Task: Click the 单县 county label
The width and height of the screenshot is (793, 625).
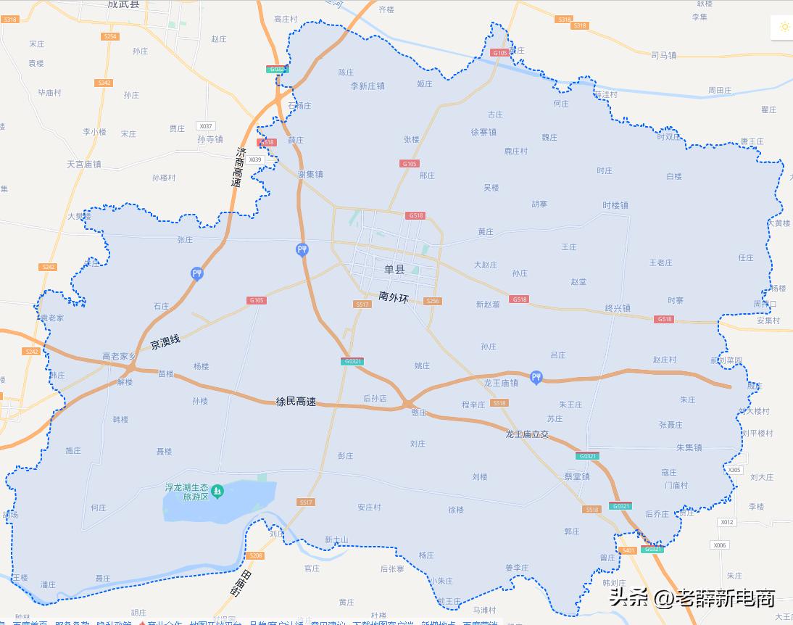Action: click(394, 269)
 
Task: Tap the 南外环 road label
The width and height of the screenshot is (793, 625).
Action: click(394, 297)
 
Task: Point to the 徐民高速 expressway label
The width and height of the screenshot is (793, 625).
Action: click(296, 402)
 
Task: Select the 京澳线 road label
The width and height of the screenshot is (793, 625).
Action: click(165, 342)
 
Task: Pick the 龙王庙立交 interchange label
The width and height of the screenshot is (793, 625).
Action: click(528, 434)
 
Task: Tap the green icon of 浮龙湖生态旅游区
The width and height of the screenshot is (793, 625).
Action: click(217, 492)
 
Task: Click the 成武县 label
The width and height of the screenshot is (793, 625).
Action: click(123, 4)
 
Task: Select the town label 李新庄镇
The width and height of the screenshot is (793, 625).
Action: click(368, 86)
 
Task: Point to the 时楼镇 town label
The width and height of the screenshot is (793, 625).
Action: click(615, 205)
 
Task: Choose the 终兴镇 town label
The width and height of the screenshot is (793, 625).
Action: click(618, 308)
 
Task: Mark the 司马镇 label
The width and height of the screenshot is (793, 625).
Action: click(663, 54)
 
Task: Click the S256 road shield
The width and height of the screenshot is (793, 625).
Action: click(433, 301)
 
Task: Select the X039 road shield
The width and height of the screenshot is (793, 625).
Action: click(254, 160)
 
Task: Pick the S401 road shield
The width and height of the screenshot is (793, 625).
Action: click(628, 550)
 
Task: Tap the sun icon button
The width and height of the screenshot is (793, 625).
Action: click(784, 27)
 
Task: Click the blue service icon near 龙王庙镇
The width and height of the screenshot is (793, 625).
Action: click(536, 377)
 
